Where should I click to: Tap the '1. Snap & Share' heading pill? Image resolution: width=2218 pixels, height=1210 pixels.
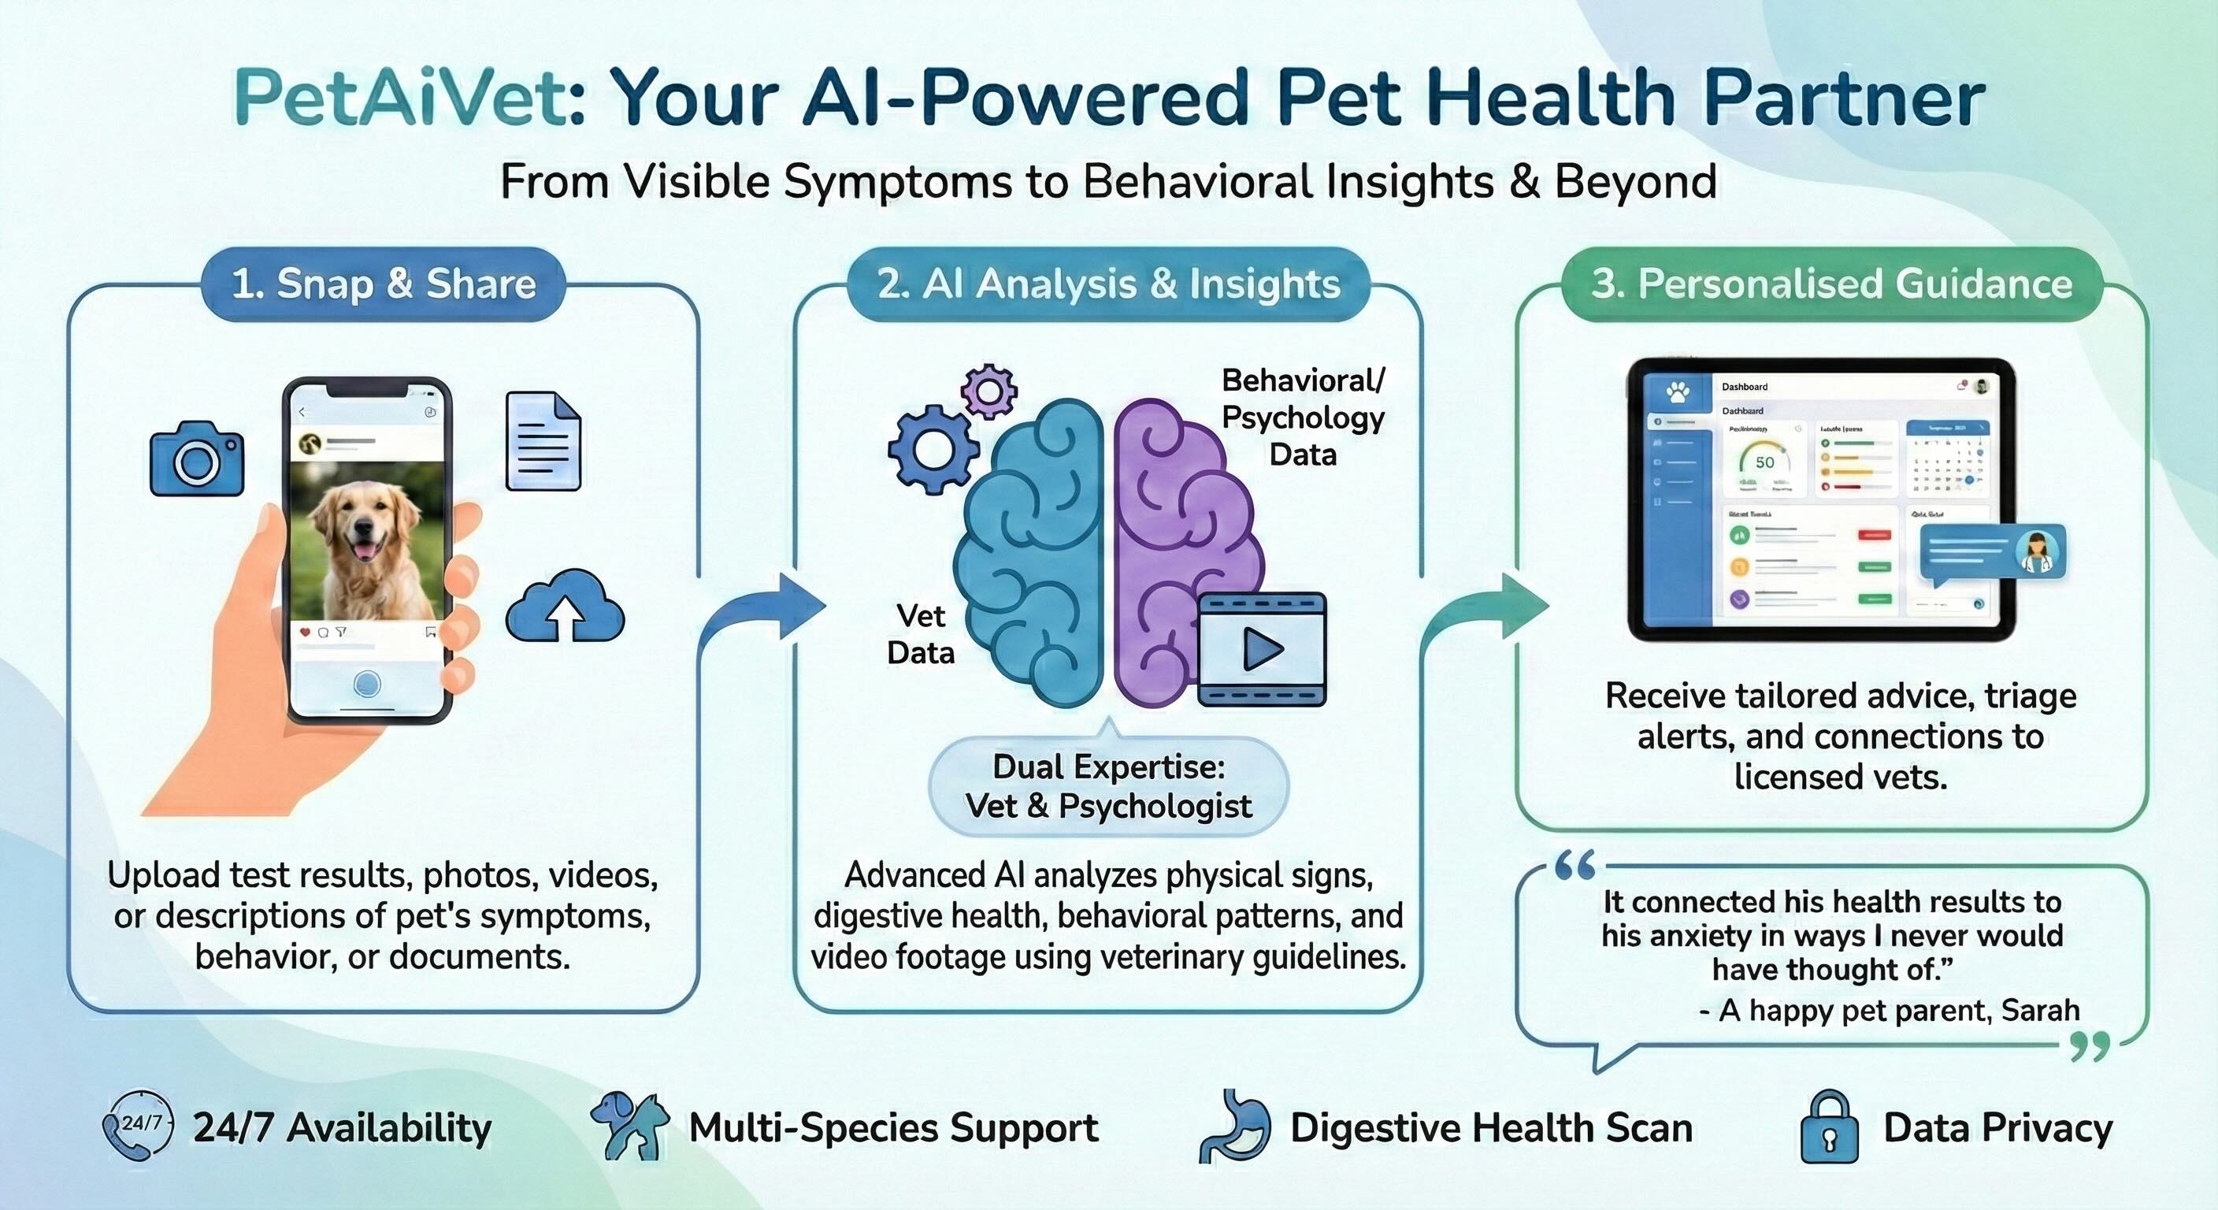pos(383,284)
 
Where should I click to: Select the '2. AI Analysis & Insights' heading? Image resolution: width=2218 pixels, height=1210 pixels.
pos(1108,284)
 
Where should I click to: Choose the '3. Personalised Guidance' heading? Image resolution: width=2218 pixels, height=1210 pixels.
pos(1831,284)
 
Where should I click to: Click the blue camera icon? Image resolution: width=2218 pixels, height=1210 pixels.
pos(197,459)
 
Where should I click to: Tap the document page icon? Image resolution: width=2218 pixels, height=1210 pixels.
pos(543,441)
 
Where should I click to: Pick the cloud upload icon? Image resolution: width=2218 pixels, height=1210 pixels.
pos(565,607)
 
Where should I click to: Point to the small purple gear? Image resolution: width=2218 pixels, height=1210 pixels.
pos(988,392)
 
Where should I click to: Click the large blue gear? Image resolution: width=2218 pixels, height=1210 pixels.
pos(933,450)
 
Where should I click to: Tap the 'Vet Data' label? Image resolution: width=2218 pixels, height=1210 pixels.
pos(921,635)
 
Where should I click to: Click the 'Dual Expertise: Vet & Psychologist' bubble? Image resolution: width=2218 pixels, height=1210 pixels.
pos(1108,786)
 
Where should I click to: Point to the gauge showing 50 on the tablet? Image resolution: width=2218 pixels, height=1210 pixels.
pos(1764,463)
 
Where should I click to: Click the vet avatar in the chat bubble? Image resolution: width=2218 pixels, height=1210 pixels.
pos(2038,552)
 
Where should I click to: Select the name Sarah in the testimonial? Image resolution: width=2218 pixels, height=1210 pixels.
pos(2040,1010)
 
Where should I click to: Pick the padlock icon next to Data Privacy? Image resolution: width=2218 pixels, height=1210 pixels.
pos(1829,1127)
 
